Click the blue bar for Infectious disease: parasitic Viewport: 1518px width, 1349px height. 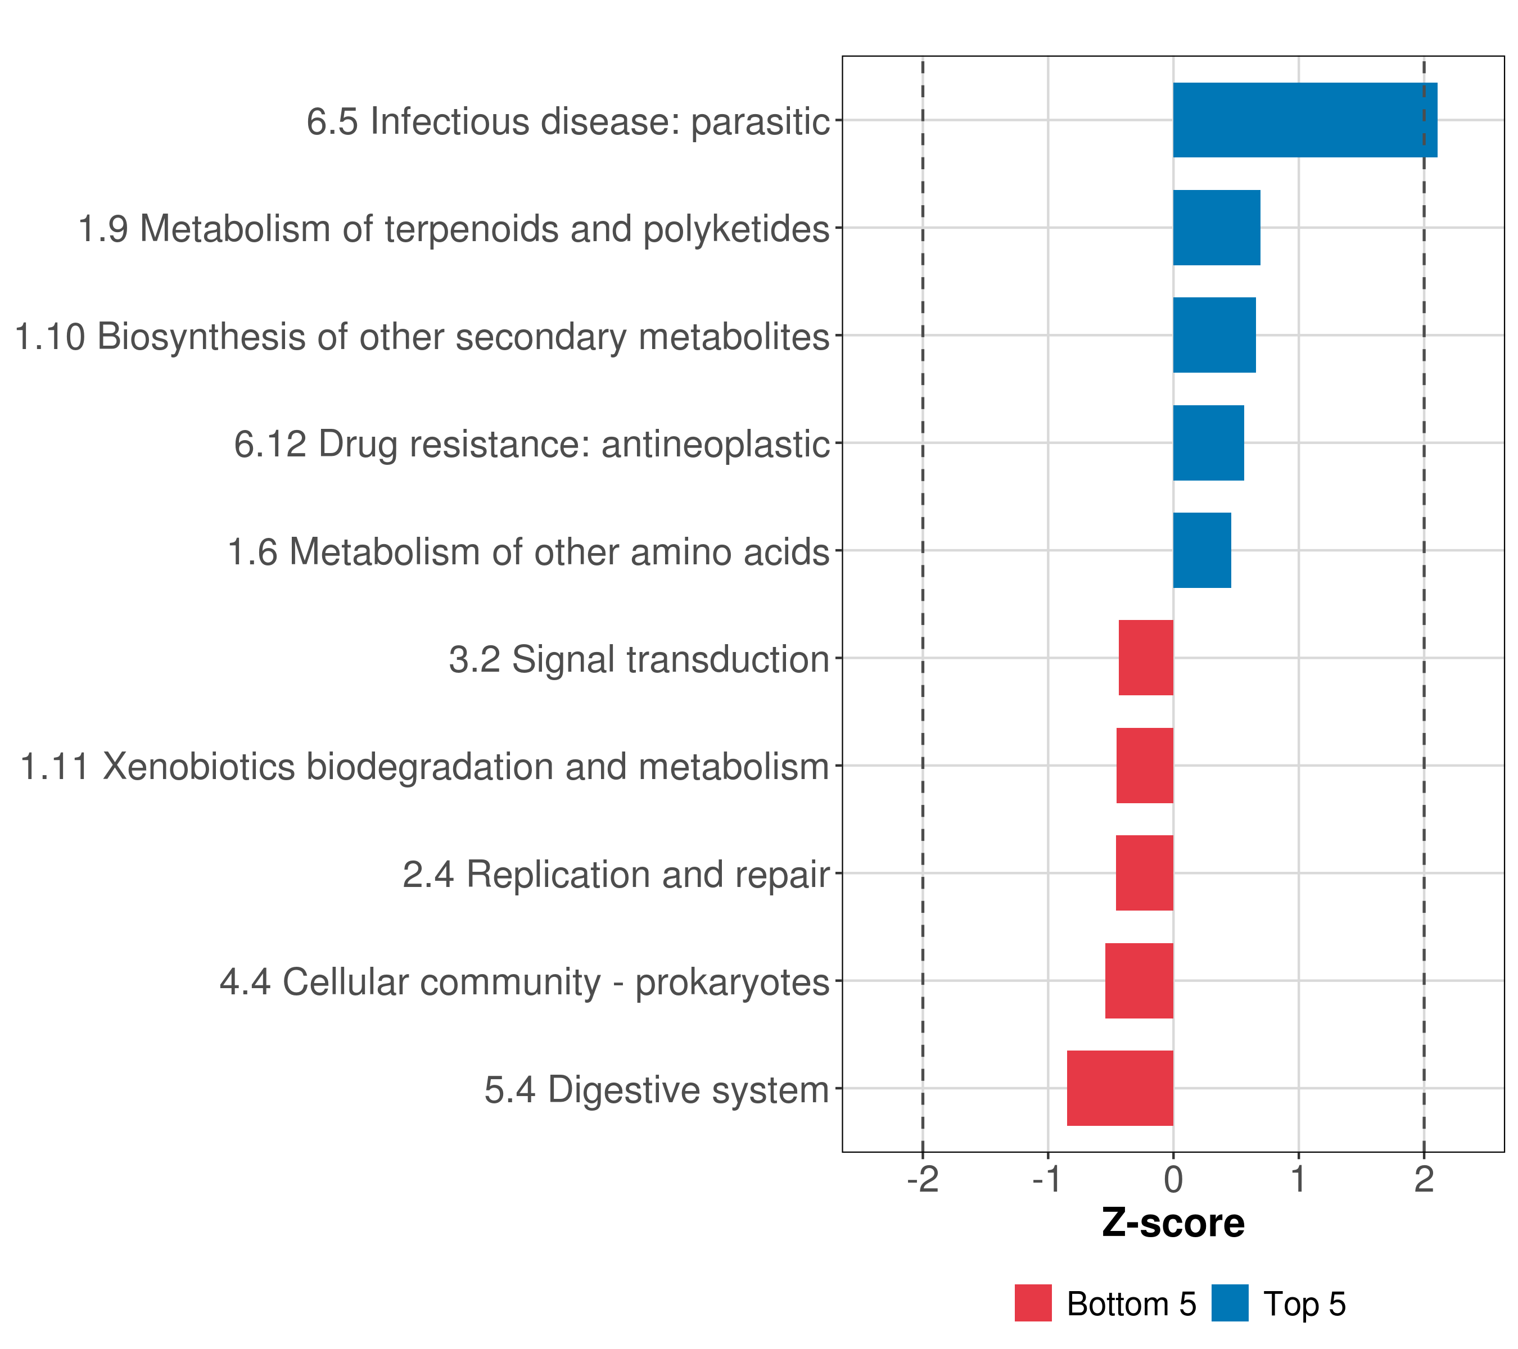(x=1304, y=120)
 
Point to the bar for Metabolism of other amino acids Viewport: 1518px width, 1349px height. (x=1201, y=550)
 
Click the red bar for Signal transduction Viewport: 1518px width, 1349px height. (x=1145, y=658)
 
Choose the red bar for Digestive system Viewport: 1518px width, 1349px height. (x=1119, y=1088)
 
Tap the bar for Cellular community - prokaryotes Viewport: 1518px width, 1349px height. (x=1138, y=981)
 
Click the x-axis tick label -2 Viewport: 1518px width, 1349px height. (x=923, y=1180)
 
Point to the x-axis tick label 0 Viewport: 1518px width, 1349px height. (x=1173, y=1180)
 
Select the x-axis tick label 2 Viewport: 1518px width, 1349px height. (x=1423, y=1180)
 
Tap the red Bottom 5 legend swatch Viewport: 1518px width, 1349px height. (x=1033, y=1303)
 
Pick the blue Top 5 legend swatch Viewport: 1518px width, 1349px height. (x=1230, y=1303)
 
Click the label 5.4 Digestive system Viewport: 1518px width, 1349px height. (x=657, y=1090)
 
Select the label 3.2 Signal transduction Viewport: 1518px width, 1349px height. (x=639, y=659)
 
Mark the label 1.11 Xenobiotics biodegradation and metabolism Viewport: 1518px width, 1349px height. (x=424, y=767)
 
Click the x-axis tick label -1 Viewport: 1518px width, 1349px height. (x=1047, y=1180)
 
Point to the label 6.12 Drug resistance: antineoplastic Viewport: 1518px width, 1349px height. (x=532, y=444)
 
